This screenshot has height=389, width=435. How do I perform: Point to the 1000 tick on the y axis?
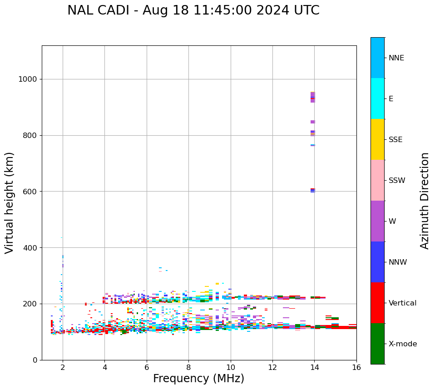pos(28,79)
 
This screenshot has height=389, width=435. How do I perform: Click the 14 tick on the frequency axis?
pos(314,367)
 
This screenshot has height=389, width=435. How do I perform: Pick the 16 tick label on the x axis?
pos(356,367)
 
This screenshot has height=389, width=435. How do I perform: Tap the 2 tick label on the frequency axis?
pos(63,367)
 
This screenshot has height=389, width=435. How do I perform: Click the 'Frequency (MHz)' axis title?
pos(198,379)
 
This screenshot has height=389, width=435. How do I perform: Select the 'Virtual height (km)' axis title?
pos(10,202)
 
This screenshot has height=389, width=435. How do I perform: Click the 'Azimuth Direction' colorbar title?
pos(425,200)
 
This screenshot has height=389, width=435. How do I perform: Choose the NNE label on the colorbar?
pos(396,58)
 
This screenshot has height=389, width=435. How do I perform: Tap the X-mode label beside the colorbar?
pos(402,344)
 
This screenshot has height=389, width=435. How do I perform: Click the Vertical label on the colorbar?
pos(402,303)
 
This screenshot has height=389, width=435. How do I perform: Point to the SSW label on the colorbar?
pos(397,181)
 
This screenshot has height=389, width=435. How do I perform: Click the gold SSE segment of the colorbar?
pos(377,139)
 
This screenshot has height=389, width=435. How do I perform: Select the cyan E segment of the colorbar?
pos(377,98)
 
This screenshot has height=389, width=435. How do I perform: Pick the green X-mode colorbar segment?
pos(377,344)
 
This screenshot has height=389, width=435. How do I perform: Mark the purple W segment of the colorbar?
pos(377,221)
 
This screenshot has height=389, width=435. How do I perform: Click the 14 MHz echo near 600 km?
pos(312,190)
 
